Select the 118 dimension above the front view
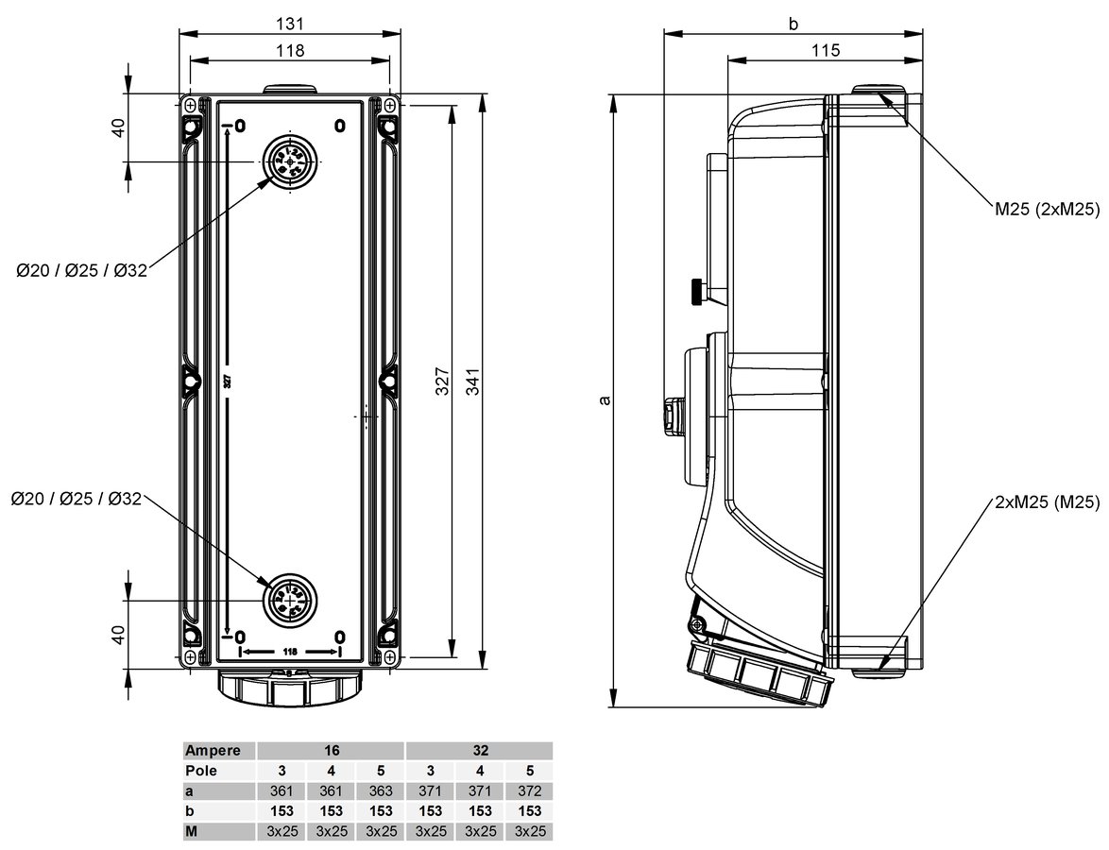[290, 50]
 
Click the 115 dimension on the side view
[825, 50]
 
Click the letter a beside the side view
[606, 399]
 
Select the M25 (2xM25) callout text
[1047, 210]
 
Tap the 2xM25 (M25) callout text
[1047, 502]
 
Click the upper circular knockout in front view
[288, 161]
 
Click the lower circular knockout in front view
[288, 600]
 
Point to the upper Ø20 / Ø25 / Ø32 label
[82, 271]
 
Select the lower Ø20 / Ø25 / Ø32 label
[77, 498]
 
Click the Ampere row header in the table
[218, 751]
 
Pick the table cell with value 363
[381, 790]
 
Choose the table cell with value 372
[530, 790]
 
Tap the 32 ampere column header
[480, 751]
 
